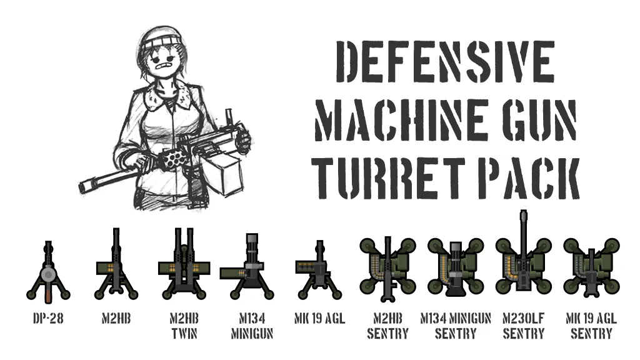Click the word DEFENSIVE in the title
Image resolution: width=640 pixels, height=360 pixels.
pos(445,62)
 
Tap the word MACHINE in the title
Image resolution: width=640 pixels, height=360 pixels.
pos(402,120)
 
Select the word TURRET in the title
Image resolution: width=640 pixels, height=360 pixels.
pos(388,178)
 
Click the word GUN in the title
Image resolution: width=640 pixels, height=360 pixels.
pos(539,120)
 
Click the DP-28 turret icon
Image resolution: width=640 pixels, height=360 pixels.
pos(48,272)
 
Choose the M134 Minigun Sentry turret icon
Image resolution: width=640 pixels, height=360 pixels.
pos(456,267)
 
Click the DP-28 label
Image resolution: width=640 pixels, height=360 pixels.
pos(48,318)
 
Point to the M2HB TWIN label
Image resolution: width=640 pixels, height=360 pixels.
pos(184,326)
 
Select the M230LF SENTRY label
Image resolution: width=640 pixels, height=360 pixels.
pos(524,326)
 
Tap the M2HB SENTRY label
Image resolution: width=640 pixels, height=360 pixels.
pos(387,326)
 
